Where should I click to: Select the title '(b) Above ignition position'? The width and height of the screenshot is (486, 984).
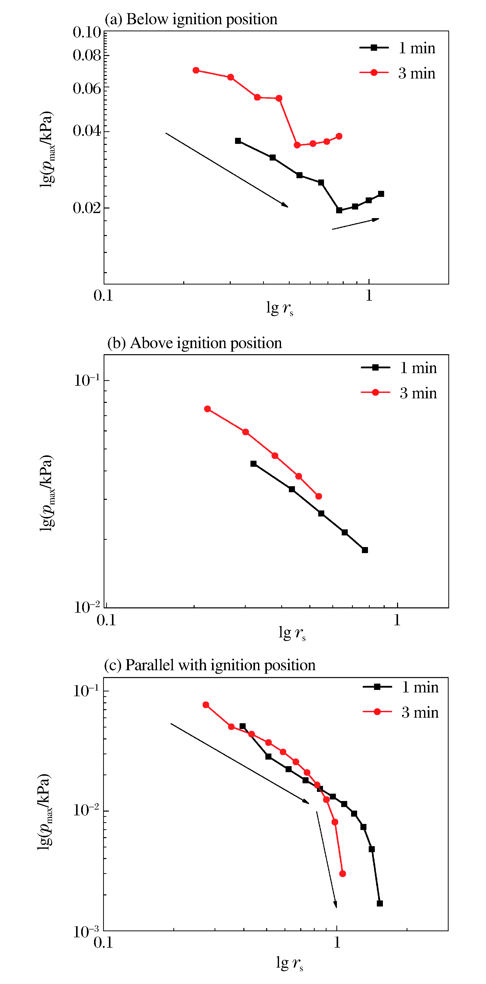click(x=194, y=343)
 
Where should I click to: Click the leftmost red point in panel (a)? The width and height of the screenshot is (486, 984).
click(x=196, y=70)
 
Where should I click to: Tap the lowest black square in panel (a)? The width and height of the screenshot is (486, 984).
click(x=339, y=210)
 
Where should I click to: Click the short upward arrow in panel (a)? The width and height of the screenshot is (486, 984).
click(x=356, y=224)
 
